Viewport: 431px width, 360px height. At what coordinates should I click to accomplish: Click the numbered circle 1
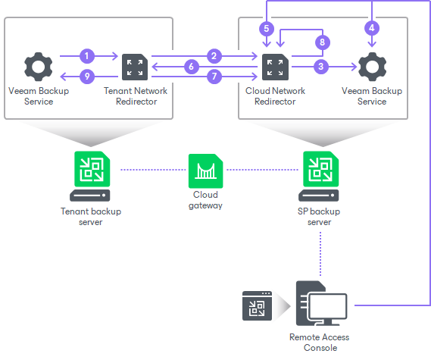88,55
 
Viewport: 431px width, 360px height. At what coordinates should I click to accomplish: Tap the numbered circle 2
215,55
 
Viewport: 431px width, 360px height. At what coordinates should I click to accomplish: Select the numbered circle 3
321,67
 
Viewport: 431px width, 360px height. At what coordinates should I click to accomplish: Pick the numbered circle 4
371,29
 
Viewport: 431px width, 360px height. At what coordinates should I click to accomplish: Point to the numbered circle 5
265,29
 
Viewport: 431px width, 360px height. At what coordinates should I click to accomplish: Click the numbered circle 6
192,67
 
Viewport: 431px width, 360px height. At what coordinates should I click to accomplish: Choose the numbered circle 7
215,77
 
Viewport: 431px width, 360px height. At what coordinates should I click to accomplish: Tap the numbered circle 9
88,77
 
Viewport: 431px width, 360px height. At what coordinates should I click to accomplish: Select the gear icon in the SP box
371,67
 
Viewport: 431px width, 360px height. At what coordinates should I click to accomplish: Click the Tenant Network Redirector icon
136,67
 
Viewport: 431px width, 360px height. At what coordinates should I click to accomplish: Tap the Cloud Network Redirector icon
275,67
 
